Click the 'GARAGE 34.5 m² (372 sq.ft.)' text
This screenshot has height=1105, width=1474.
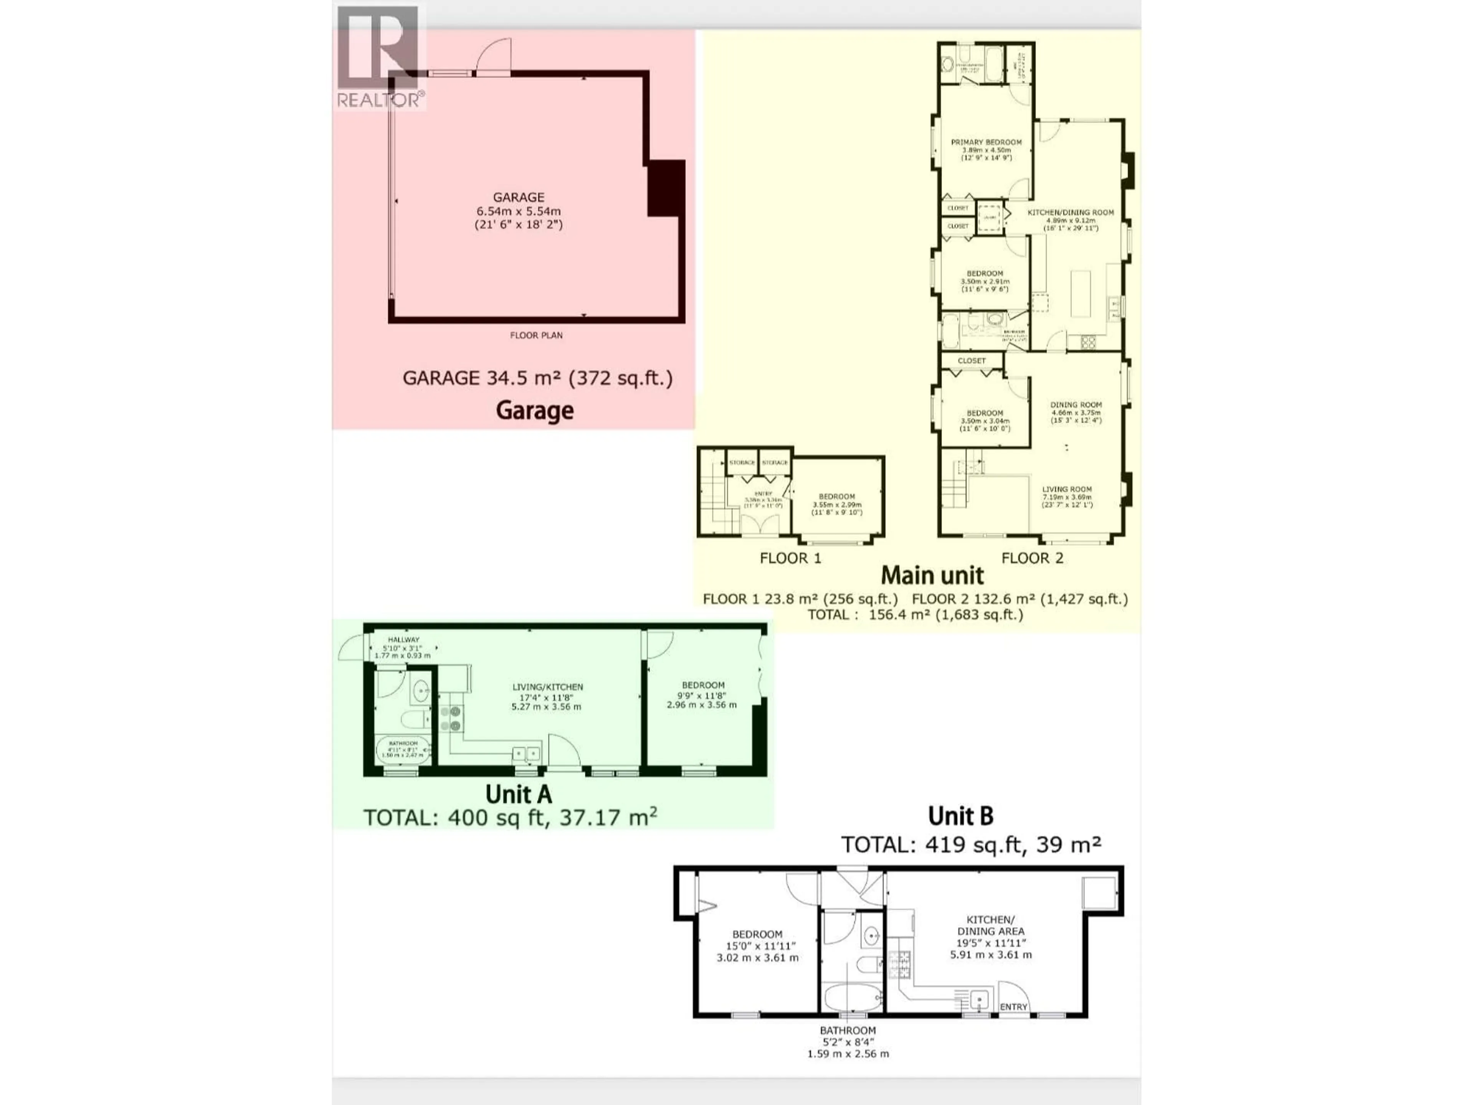click(x=537, y=378)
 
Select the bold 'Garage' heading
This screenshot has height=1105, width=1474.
click(x=534, y=410)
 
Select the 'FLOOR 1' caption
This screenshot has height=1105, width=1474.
click(x=790, y=558)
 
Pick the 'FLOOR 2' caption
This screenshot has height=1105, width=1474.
click(x=1032, y=558)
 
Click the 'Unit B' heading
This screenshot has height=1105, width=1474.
click(x=960, y=816)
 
